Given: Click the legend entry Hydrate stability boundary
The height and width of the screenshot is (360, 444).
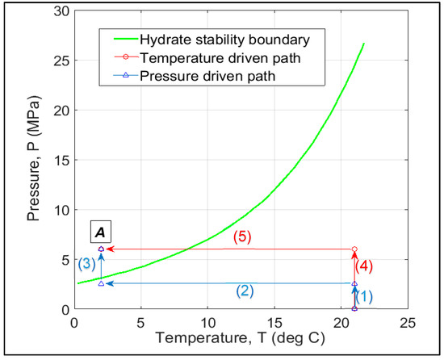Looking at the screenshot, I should click(x=219, y=39).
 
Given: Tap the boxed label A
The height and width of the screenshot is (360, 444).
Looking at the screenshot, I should click(x=101, y=232).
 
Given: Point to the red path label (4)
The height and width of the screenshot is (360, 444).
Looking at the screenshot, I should click(x=366, y=266).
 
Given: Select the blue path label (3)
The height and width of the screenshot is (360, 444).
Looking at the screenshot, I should click(x=87, y=264).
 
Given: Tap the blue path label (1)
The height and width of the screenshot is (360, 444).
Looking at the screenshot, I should click(x=365, y=296).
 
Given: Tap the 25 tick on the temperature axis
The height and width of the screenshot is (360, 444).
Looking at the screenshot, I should click(x=408, y=320).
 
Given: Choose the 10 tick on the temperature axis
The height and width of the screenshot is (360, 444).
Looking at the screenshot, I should click(x=207, y=320).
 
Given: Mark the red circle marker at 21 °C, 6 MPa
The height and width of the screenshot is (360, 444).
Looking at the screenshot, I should click(x=354, y=249).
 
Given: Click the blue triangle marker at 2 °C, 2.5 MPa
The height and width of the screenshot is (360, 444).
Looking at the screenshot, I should click(x=101, y=283).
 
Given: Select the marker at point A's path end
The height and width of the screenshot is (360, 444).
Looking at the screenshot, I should click(x=101, y=249).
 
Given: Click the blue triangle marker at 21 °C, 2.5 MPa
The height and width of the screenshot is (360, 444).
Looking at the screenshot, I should click(x=354, y=283).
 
